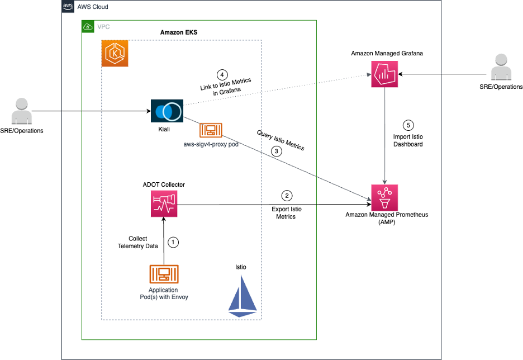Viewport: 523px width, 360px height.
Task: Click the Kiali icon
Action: point(167,111)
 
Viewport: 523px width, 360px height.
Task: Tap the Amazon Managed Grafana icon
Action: point(384,73)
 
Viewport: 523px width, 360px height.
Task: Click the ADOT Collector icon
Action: point(164,204)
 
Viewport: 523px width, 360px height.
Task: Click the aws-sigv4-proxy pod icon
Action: point(211,130)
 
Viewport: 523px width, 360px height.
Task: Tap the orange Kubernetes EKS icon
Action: point(115,54)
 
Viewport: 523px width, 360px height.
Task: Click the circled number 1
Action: point(174,242)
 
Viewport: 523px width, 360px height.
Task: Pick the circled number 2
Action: point(287,196)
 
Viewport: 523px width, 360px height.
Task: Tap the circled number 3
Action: point(275,151)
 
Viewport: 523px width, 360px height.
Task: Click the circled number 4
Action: point(222,74)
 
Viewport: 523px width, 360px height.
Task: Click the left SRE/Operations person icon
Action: point(21,111)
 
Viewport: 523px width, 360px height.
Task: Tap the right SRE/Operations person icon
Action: point(501,68)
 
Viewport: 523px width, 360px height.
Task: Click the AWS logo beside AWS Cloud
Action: point(68,7)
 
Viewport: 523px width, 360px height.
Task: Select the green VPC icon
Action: point(88,26)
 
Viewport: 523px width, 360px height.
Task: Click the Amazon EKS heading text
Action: point(179,32)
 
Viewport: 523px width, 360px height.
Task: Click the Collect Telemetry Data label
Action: point(138,242)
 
